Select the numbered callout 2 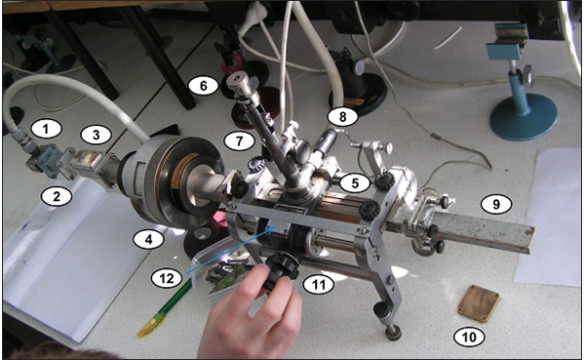click(x=57, y=196)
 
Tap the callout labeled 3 click(x=96, y=135)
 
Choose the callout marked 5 click(x=356, y=181)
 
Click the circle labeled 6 click(x=204, y=85)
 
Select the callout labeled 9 click(x=496, y=205)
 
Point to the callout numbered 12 click(x=166, y=278)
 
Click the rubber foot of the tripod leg click(x=393, y=332)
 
